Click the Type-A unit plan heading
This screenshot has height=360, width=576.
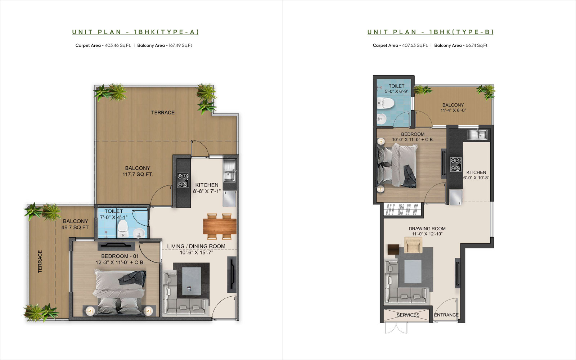[135, 32]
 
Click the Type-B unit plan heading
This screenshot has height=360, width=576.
[431, 32]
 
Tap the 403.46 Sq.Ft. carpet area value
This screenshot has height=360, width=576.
[118, 45]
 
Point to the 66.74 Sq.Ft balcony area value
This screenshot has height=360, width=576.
[477, 45]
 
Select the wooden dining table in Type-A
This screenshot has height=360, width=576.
[220, 226]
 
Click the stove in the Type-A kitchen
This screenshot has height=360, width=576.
[183, 180]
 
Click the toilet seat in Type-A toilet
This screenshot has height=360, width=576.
[123, 229]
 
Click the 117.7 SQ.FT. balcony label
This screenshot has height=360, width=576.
[138, 171]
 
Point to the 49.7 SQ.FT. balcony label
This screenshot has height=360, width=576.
[75, 224]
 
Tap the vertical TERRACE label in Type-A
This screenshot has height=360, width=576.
[40, 261]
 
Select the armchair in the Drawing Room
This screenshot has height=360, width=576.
[413, 245]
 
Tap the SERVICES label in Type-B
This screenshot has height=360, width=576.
[408, 315]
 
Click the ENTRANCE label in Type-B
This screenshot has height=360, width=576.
[446, 315]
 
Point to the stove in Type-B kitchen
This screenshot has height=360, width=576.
[456, 165]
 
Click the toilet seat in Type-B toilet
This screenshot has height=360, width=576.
[386, 104]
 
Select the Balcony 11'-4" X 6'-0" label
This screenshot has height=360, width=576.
[453, 108]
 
